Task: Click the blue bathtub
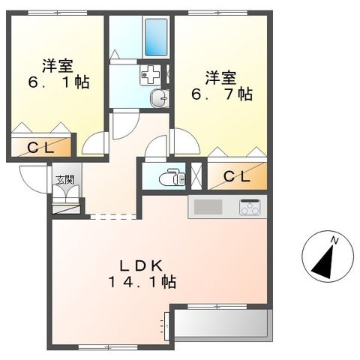(x=156, y=37)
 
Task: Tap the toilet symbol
(x=172, y=177)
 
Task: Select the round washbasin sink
(x=159, y=98)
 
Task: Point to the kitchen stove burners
(x=250, y=207)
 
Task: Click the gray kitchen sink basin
(x=208, y=207)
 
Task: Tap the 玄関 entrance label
(x=65, y=180)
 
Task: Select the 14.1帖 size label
(x=142, y=282)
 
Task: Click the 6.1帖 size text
(x=58, y=82)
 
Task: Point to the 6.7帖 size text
(x=222, y=94)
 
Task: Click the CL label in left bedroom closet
(x=40, y=148)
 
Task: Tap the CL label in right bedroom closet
(x=237, y=177)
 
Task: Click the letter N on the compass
(x=334, y=241)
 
